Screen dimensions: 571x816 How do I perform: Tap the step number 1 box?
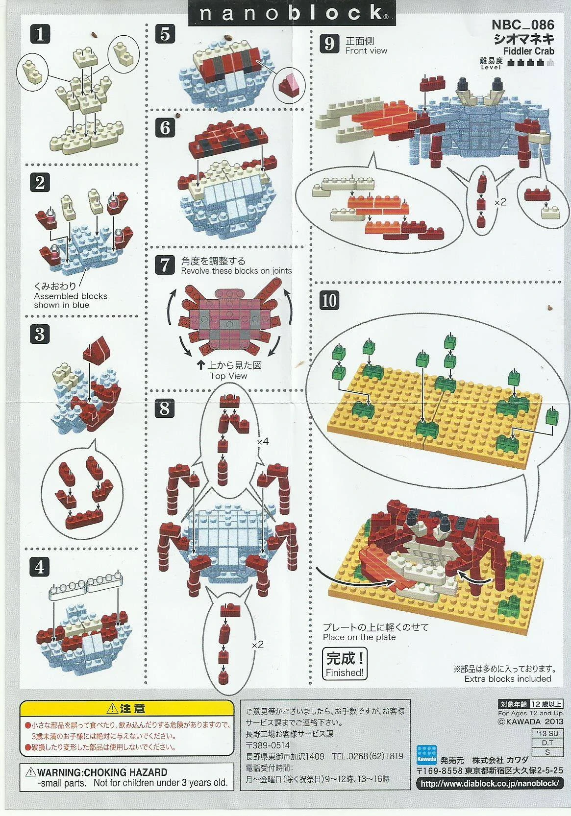click(40, 35)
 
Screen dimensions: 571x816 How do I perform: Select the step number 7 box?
click(165, 265)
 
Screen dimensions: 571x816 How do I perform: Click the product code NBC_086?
click(522, 25)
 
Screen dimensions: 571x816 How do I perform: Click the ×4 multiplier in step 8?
click(263, 441)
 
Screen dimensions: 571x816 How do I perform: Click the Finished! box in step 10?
click(345, 663)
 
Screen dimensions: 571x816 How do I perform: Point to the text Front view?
click(366, 50)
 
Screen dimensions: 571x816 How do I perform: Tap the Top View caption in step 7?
click(228, 376)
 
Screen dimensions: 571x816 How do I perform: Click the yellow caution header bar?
click(126, 709)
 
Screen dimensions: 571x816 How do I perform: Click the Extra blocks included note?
click(508, 679)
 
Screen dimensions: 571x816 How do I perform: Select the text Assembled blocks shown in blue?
click(71, 300)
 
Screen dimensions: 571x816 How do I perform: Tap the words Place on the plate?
click(359, 637)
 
